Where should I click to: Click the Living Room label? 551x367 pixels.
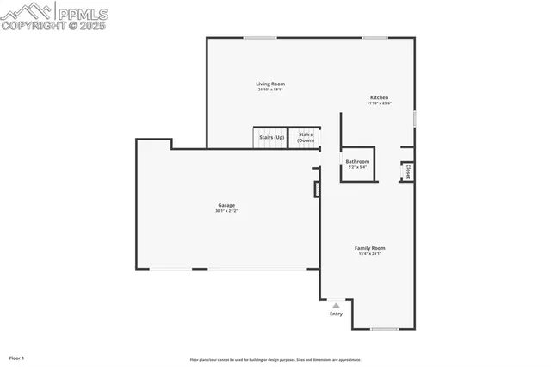pyautogui.click(x=270, y=84)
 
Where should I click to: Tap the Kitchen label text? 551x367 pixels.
pyautogui.click(x=380, y=97)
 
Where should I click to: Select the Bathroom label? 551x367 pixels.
pyautogui.click(x=357, y=161)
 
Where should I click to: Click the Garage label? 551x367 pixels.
pyautogui.click(x=226, y=205)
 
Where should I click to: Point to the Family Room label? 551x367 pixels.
pyautogui.click(x=369, y=248)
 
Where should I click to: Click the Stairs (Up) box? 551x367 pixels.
pyautogui.click(x=269, y=137)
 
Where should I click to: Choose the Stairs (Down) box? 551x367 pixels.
pyautogui.click(x=305, y=137)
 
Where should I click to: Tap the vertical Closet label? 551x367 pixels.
pyautogui.click(x=407, y=171)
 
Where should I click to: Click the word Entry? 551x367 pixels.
pyautogui.click(x=336, y=314)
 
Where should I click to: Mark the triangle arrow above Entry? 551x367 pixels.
pyautogui.click(x=336, y=305)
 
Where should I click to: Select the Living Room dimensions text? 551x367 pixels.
pyautogui.click(x=270, y=90)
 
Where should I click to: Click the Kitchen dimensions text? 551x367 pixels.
pyautogui.click(x=380, y=103)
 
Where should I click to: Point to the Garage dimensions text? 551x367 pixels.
pyautogui.click(x=226, y=211)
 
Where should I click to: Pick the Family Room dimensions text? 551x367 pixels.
pyautogui.click(x=369, y=254)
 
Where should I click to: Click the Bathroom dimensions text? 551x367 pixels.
pyautogui.click(x=357, y=167)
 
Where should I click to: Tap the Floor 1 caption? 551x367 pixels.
pyautogui.click(x=16, y=358)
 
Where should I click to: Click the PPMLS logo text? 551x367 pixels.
pyautogui.click(x=83, y=13)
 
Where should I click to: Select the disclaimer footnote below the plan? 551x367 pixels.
pyautogui.click(x=275, y=360)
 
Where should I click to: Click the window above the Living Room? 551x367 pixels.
pyautogui.click(x=259, y=37)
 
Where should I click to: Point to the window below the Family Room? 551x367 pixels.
pyautogui.click(x=384, y=329)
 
